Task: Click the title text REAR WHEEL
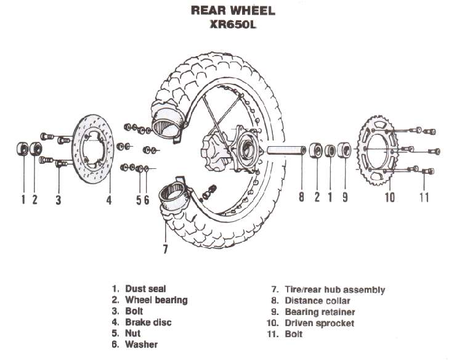tap(233, 10)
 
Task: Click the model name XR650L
tap(232, 25)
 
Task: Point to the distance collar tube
tap(286, 151)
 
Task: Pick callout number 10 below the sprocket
tap(389, 198)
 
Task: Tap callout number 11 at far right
tap(423, 198)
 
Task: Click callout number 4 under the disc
tap(108, 199)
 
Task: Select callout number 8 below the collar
tap(301, 198)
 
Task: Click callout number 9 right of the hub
tap(345, 198)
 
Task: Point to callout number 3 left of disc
tap(58, 199)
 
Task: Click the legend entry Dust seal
tap(145, 288)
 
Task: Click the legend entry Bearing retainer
tap(320, 312)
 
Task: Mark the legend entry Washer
tap(141, 345)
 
